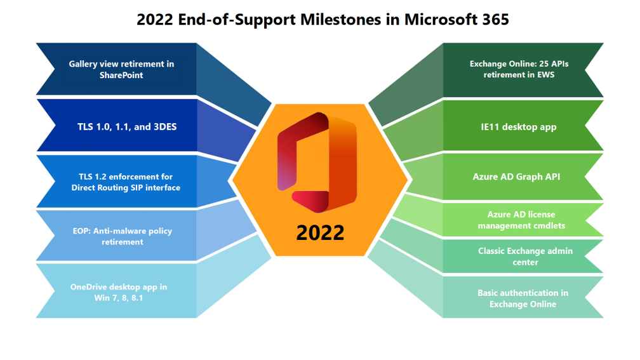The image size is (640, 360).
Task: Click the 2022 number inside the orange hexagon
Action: click(320, 232)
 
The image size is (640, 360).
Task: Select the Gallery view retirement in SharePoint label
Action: click(121, 69)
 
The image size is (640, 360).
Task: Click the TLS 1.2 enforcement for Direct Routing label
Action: click(126, 182)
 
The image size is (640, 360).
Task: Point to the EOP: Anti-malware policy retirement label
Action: click(122, 236)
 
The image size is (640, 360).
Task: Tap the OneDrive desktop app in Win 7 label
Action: click(119, 291)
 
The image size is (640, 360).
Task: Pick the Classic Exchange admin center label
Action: click(525, 256)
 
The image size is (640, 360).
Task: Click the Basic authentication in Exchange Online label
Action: click(523, 298)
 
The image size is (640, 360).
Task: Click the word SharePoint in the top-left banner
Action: click(121, 75)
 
